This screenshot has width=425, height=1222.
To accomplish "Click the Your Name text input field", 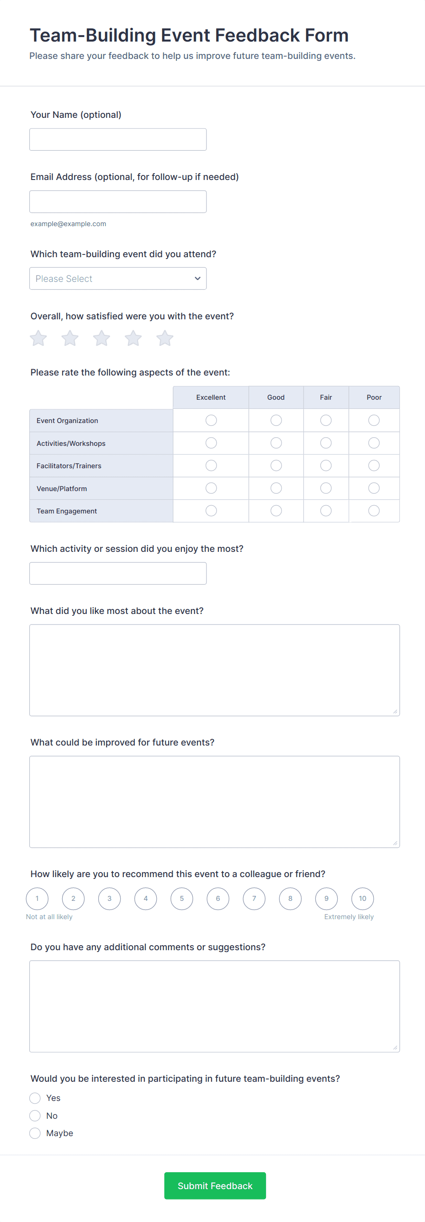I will point(117,139).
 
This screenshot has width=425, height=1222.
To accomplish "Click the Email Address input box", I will point(117,201).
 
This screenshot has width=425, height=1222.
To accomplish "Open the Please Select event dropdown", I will point(117,279).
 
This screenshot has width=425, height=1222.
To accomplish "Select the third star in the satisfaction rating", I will point(101,338).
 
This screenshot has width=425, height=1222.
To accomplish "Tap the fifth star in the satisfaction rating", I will point(165,338).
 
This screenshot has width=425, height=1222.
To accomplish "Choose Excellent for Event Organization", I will point(211,420).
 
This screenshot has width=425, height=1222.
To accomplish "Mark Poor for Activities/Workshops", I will point(374,443).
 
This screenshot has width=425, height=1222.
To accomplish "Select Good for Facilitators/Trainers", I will point(276,466).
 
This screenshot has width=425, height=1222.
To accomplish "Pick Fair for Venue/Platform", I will point(326,488).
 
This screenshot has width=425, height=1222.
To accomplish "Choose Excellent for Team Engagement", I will point(211,510).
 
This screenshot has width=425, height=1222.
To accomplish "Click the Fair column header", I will point(326,397).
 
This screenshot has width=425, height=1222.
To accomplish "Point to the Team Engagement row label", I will point(67,511).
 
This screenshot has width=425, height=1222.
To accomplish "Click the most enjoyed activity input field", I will point(117,573).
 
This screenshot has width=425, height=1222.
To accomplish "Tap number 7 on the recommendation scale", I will point(254,899).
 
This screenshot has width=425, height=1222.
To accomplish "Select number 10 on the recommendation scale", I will point(362,899).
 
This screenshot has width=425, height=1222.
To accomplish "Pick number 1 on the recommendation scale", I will point(37,899).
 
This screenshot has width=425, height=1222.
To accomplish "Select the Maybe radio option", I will point(35,1133).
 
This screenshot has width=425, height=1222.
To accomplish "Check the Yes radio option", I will point(35,1098).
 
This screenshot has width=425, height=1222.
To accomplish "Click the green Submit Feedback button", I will point(215,1185).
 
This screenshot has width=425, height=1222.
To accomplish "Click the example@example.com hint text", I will point(68,224).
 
